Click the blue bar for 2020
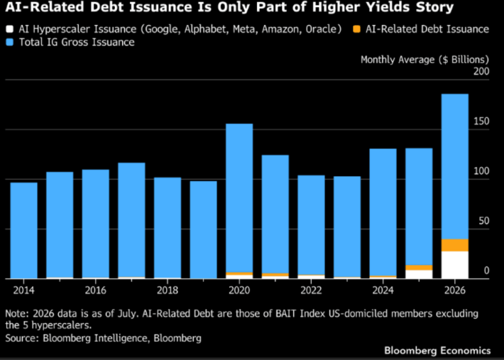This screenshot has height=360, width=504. pyautogui.click(x=239, y=198)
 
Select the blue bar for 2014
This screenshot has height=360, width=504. pyautogui.click(x=24, y=230)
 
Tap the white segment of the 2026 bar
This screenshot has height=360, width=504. pyautogui.click(x=455, y=265)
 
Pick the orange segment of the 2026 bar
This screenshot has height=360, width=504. pyautogui.click(x=455, y=245)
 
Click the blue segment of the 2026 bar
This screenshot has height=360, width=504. pyautogui.click(x=455, y=166)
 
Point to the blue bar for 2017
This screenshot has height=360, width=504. pyautogui.click(x=131, y=220)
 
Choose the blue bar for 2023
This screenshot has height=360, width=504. pyautogui.click(x=347, y=227)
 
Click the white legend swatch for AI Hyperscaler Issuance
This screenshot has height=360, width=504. pyautogui.click(x=10, y=29)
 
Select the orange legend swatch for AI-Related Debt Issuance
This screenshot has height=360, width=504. pyautogui.click(x=357, y=29)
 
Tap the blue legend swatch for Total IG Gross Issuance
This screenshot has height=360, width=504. pyautogui.click(x=10, y=42)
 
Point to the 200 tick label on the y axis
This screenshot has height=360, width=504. pyautogui.click(x=481, y=71)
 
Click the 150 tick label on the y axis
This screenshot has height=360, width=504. pyautogui.click(x=481, y=121)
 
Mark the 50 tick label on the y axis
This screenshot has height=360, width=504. pyautogui.click(x=483, y=221)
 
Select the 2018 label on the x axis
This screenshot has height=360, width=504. pyautogui.click(x=168, y=290)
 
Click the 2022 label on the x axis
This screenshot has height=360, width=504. pyautogui.click(x=311, y=290)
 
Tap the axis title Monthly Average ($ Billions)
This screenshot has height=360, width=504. pyautogui.click(x=424, y=60)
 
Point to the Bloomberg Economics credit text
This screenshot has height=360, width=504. pyautogui.click(x=437, y=350)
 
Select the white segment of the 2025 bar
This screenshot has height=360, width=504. pyautogui.click(x=419, y=274)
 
